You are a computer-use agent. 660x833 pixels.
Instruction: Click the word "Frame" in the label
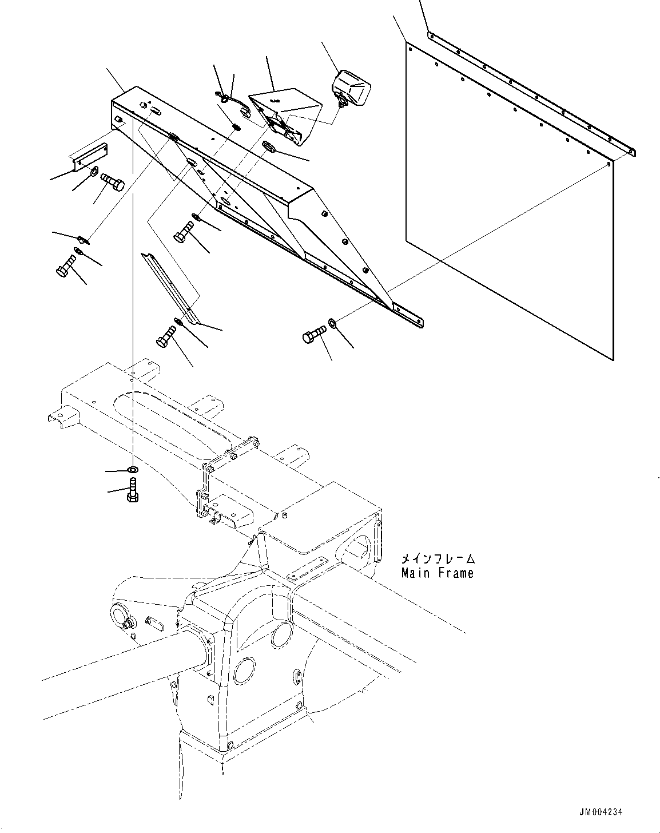pyautogui.click(x=456, y=573)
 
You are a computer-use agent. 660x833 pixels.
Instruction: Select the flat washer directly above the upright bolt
pyautogui.click(x=132, y=470)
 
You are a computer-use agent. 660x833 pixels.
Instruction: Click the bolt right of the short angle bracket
pyautogui.click(x=113, y=184)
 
